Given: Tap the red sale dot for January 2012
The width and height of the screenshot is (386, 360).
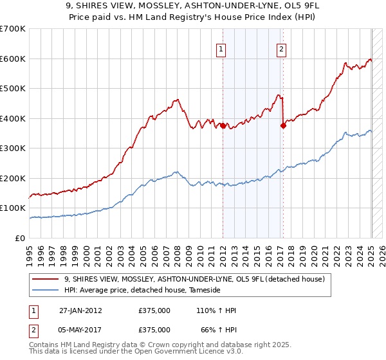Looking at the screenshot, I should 223,126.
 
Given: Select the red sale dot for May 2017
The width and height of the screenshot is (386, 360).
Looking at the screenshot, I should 282,126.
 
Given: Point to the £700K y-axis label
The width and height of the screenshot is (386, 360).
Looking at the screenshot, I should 13,29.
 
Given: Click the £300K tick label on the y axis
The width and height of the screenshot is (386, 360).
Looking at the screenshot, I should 13,148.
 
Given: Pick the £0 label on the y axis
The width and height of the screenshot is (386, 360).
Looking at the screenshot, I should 21,238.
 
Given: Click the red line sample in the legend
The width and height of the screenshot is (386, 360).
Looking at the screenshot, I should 46,279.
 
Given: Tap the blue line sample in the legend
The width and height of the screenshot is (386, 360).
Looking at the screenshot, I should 46,291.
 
